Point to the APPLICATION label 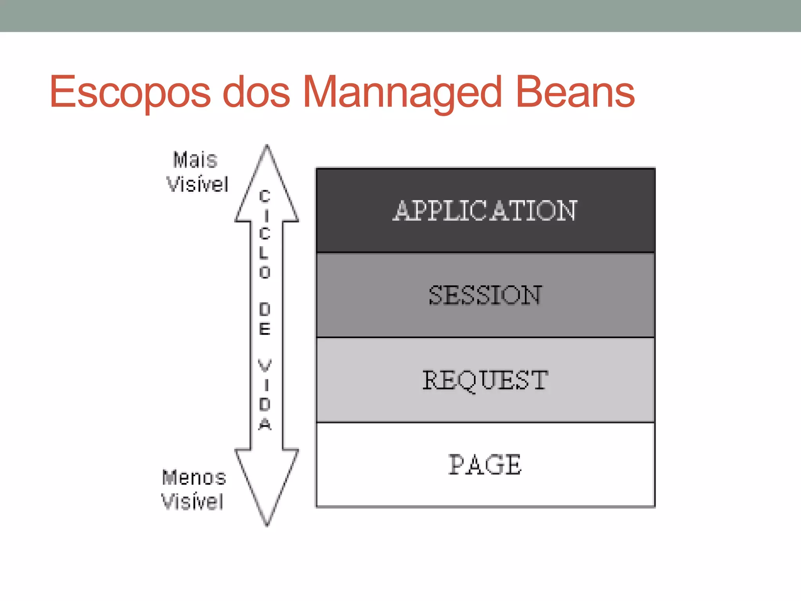(485, 211)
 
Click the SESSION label (485, 295)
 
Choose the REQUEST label (485, 380)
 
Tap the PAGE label (485, 465)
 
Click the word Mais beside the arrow (195, 160)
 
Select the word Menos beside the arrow (194, 478)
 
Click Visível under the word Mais (198, 184)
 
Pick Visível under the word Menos (193, 502)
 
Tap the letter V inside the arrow (265, 366)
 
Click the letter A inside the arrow (265, 424)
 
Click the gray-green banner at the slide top (400, 16)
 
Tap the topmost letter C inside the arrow (265, 196)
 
